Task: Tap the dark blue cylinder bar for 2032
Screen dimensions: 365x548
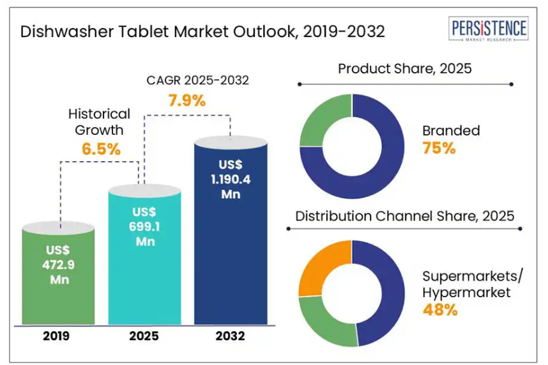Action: click(x=231, y=256)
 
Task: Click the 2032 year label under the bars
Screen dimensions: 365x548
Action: click(x=231, y=336)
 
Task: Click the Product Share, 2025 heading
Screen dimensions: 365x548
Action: click(x=405, y=68)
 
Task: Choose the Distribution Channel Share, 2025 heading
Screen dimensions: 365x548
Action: click(x=405, y=215)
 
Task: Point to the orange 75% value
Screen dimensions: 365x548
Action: click(x=439, y=148)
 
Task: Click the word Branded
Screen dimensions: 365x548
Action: click(x=451, y=131)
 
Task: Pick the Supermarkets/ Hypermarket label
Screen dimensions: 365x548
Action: click(x=472, y=284)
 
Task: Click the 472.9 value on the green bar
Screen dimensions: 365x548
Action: click(x=58, y=267)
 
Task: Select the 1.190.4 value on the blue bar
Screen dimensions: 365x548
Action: click(x=231, y=180)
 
